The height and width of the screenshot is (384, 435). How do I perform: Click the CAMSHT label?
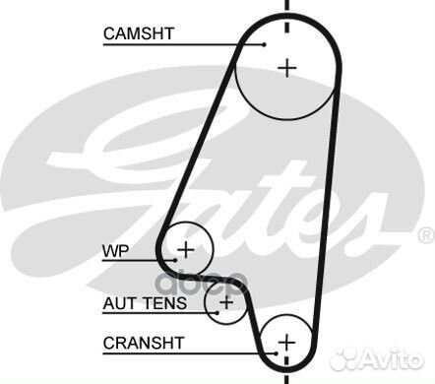click(139, 32)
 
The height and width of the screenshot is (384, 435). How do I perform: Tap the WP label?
click(116, 250)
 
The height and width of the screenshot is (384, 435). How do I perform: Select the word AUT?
click(118, 303)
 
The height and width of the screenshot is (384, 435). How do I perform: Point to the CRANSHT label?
click(142, 343)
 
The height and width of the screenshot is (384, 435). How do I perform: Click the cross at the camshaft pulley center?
click(286, 68)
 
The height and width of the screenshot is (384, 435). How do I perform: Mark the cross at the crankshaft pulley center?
click(286, 342)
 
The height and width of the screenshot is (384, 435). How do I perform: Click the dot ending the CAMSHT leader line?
click(265, 43)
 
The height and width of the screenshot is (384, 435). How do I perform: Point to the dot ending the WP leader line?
click(177, 260)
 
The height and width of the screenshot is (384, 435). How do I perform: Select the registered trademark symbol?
click(425, 235)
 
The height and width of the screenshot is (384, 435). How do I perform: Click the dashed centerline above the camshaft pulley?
click(286, 12)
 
